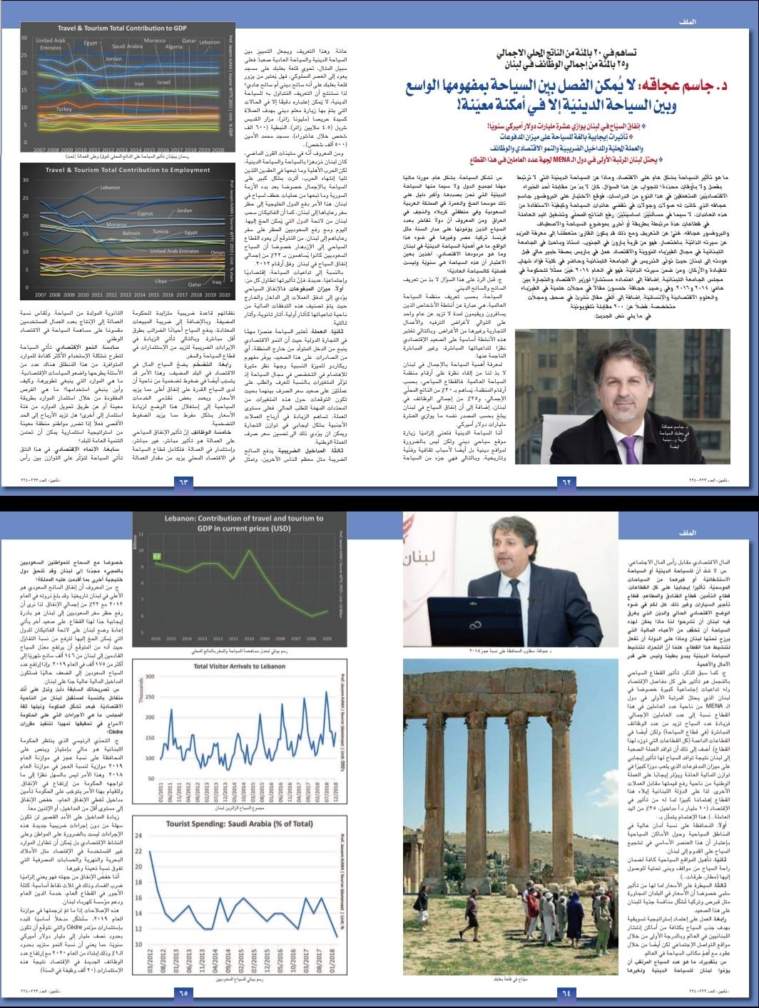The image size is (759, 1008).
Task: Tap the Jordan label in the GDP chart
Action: point(113,58)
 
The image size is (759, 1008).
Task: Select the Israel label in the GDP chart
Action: point(163,82)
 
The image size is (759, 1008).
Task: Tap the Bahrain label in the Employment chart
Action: point(131,233)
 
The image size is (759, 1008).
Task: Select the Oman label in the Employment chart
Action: point(218,253)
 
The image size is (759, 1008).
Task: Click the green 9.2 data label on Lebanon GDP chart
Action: point(156,554)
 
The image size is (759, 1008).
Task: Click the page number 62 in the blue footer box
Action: point(568,482)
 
